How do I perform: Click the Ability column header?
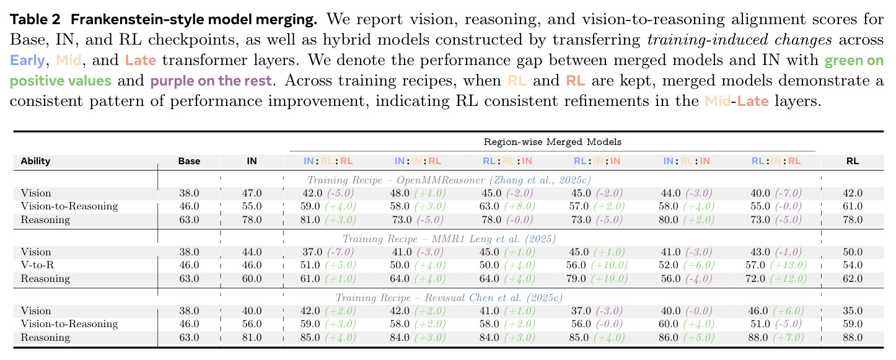point(35,161)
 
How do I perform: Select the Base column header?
point(189,161)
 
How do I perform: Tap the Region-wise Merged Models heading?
point(552,142)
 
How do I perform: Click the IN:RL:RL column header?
point(328,161)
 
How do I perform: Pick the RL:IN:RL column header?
point(776,161)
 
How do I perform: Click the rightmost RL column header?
point(853,161)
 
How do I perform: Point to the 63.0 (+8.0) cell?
point(507,206)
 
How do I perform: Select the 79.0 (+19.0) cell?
point(598,278)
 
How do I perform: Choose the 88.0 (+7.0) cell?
point(776,338)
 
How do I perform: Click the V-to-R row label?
point(37,265)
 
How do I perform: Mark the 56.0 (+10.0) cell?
point(598,265)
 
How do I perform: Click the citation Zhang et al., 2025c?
point(540,180)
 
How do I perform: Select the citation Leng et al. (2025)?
point(512,239)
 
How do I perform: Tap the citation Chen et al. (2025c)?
point(516,298)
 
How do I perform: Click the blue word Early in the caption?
point(27,60)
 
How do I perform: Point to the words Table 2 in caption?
point(35,19)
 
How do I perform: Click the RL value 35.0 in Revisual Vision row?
point(853,311)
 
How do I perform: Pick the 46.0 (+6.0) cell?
point(776,311)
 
